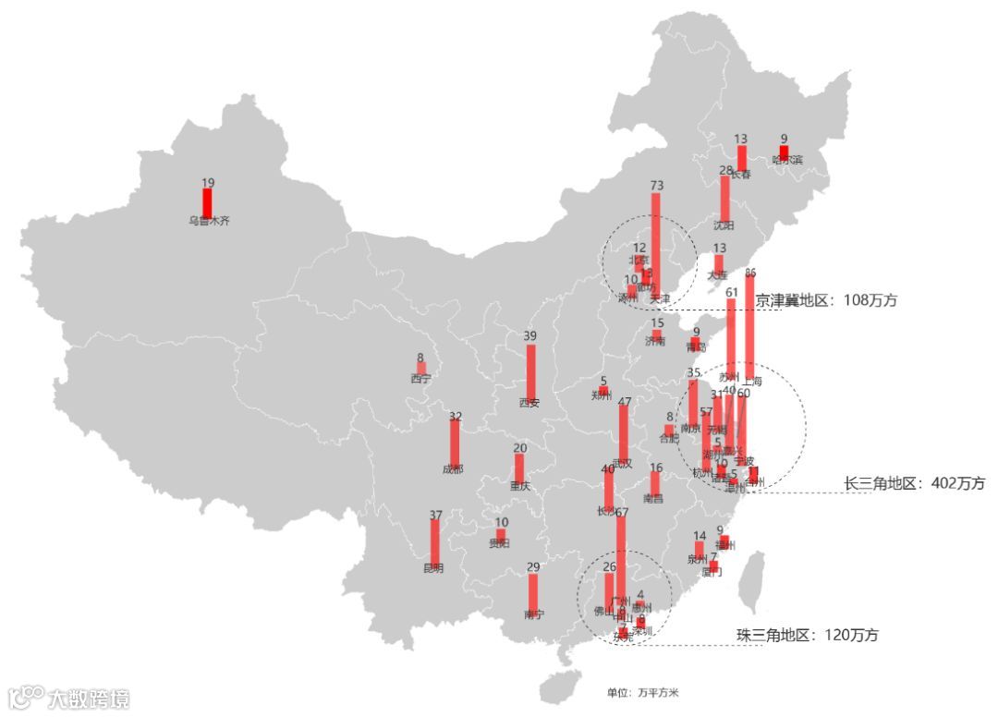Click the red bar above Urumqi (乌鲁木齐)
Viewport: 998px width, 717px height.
pos(207,202)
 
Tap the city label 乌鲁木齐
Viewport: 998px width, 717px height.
pos(208,222)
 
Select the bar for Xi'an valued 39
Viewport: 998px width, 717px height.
pos(530,371)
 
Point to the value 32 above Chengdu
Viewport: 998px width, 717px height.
pos(455,417)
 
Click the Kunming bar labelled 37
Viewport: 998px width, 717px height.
pos(434,541)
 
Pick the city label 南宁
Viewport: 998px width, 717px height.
pos(533,614)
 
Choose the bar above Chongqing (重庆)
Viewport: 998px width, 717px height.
pos(519,467)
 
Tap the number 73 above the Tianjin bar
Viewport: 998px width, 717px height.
pos(657,186)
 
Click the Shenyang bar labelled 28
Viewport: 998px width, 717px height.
pos(724,198)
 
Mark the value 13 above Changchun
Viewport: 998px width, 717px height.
pos(741,140)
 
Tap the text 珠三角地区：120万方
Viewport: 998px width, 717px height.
pos(807,635)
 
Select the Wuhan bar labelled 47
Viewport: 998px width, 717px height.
pos(624,431)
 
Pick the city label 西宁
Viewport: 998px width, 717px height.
pos(420,378)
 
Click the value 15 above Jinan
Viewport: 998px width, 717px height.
pos(657,323)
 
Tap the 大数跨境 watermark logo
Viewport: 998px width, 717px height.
pos(68,697)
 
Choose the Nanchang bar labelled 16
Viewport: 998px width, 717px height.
pos(655,483)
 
